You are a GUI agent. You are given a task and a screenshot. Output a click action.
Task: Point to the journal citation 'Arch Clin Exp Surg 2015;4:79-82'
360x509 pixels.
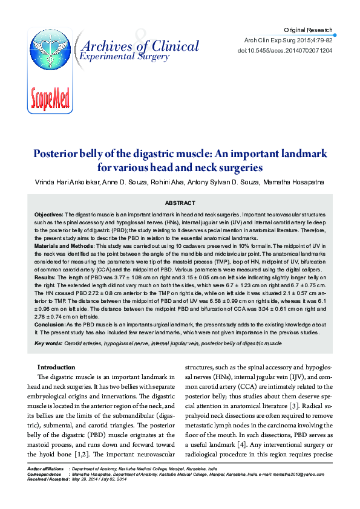[x=288, y=41]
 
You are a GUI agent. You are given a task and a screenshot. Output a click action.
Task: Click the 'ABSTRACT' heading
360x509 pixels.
[x=180, y=203]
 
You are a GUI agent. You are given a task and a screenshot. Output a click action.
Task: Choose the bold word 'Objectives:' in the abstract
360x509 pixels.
[x=49, y=215]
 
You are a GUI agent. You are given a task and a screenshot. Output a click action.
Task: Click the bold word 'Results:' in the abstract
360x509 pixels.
[x=45, y=276]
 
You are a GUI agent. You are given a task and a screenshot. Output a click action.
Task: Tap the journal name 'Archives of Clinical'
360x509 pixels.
[x=139, y=46]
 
